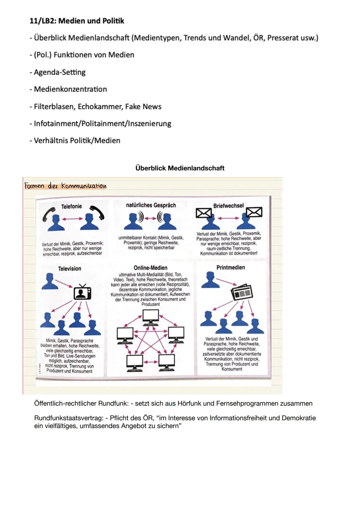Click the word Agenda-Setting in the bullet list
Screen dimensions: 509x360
(x=60, y=72)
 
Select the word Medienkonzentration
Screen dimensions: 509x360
(x=70, y=89)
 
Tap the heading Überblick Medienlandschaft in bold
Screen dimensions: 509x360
(x=180, y=168)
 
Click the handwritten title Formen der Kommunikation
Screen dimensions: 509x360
(x=65, y=186)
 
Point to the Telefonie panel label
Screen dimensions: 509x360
(x=71, y=207)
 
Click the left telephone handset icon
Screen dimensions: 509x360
(x=49, y=214)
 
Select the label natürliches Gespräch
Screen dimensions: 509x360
(x=151, y=205)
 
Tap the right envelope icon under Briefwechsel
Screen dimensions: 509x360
(x=254, y=212)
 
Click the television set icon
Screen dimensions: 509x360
(x=82, y=292)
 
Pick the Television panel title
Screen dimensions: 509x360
(x=69, y=269)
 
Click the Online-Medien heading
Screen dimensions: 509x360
(x=150, y=268)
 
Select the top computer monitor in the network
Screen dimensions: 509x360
(x=151, y=317)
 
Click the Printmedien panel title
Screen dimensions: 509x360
(x=231, y=267)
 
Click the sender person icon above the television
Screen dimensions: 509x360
(x=49, y=281)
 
